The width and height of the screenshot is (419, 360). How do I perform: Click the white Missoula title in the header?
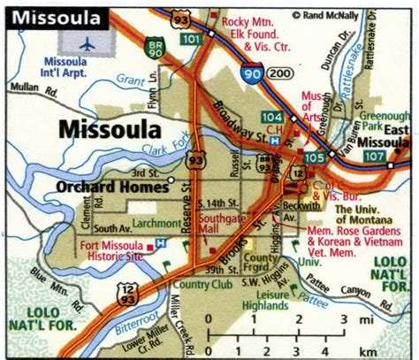point(55,18)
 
